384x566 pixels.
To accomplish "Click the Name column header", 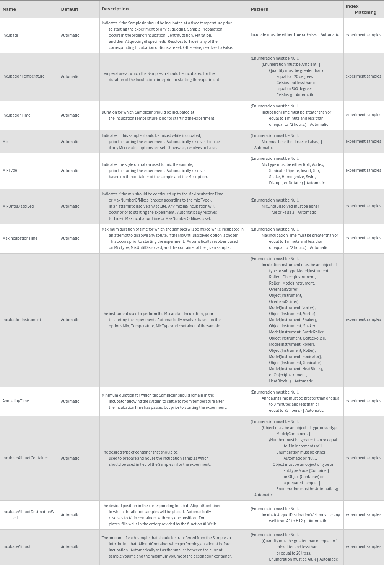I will point(9,9).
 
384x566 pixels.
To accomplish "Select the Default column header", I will point(70,9).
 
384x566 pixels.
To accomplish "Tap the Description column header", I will point(115,9).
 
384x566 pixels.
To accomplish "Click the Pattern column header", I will point(259,9).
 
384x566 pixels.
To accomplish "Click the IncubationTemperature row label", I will point(23,76).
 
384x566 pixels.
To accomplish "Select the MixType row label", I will point(10,170).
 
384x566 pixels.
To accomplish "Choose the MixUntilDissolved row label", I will point(18,206).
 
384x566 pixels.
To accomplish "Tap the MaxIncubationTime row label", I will point(20,238).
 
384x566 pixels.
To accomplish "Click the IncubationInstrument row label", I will point(22,320).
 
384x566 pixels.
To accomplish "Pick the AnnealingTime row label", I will point(16,401).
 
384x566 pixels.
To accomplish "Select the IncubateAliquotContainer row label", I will point(25,458).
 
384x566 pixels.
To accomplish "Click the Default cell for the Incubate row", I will point(70,35).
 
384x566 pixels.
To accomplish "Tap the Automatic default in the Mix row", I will point(70,141).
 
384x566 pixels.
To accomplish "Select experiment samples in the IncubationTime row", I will point(363,115).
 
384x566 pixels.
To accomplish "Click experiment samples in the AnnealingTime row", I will point(363,401).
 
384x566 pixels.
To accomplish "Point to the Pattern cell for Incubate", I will point(295,34).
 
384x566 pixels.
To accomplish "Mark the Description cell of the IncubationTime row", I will point(158,115).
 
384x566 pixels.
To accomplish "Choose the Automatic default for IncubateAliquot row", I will point(70,547).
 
